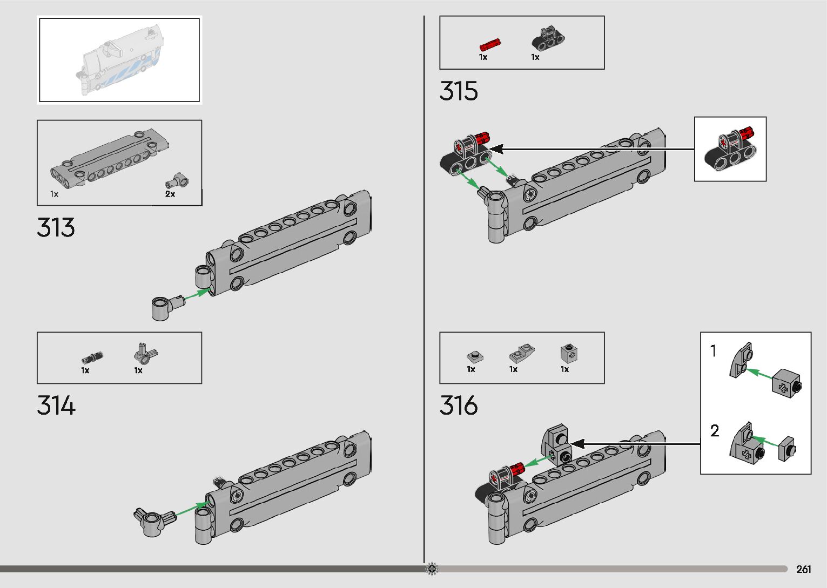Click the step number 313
56,228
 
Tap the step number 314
56,405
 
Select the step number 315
459,91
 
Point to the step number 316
459,405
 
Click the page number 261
803,569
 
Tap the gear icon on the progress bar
432,569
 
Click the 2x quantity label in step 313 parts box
170,194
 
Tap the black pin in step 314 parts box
92,357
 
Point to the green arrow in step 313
197,295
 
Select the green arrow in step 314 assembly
192,509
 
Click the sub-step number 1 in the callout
713,352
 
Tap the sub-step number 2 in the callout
715,431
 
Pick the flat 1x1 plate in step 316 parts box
474,356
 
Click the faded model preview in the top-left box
119,59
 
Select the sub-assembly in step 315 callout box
730,149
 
